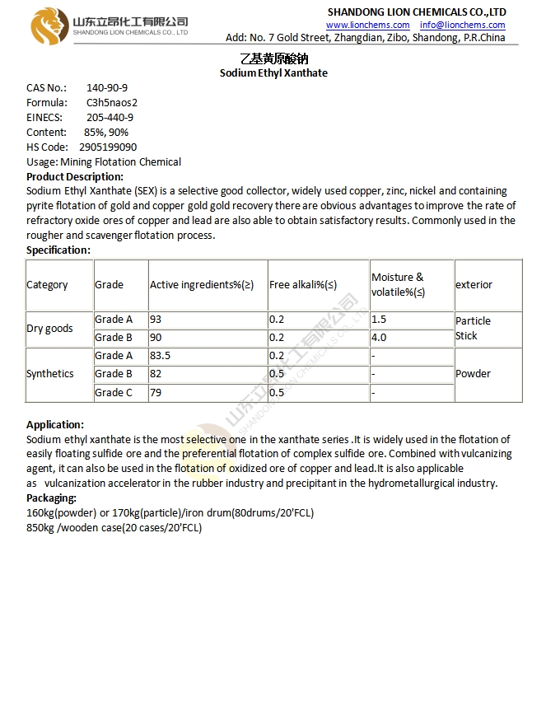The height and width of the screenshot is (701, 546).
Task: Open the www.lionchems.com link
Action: click(x=367, y=25)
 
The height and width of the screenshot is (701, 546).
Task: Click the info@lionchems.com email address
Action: click(x=462, y=25)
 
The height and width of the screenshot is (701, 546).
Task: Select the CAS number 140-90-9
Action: click(x=107, y=87)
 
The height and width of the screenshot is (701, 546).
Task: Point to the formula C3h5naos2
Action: click(x=112, y=102)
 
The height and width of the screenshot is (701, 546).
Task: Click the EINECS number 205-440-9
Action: click(x=110, y=117)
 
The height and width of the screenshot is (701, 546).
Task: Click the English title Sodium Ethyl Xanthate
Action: click(x=273, y=72)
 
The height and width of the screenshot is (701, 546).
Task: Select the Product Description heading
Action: click(x=75, y=176)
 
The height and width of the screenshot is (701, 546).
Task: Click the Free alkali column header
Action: click(x=303, y=285)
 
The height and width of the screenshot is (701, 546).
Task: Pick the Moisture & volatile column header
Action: click(x=399, y=284)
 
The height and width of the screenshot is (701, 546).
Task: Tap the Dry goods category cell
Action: click(x=49, y=328)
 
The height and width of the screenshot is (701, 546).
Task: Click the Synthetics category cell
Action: click(x=50, y=373)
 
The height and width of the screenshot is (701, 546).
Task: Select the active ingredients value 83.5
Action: click(x=161, y=356)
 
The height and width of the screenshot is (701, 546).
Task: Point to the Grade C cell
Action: click(x=114, y=393)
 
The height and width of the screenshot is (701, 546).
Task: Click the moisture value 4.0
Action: click(x=379, y=338)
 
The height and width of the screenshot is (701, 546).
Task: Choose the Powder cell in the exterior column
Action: click(x=473, y=373)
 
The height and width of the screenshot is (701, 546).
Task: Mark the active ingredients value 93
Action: click(x=156, y=319)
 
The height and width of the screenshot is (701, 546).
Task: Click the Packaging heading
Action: click(x=52, y=498)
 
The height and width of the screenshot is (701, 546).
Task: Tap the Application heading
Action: click(x=54, y=424)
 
